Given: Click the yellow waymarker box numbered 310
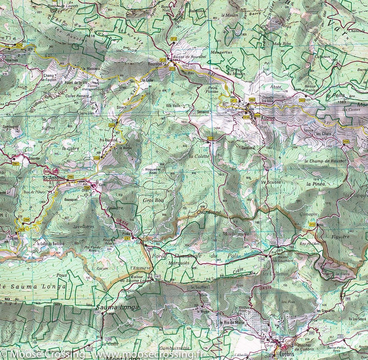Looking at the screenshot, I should pos(312,223).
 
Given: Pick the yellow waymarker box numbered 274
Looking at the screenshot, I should pos(20,46).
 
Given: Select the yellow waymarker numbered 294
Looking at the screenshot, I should pos(26,219).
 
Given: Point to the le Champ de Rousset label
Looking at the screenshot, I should pos(328,161).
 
